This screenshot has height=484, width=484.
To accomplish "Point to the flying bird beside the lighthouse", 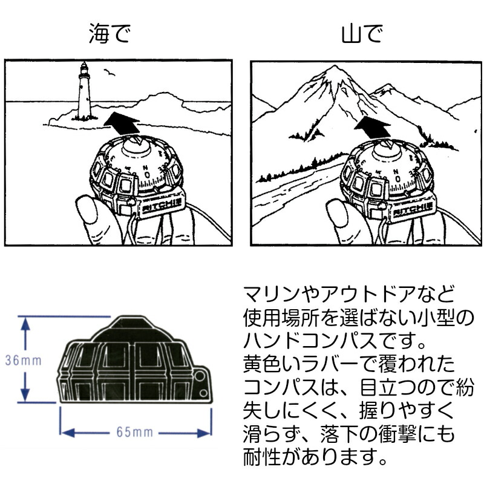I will click(x=109, y=73).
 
